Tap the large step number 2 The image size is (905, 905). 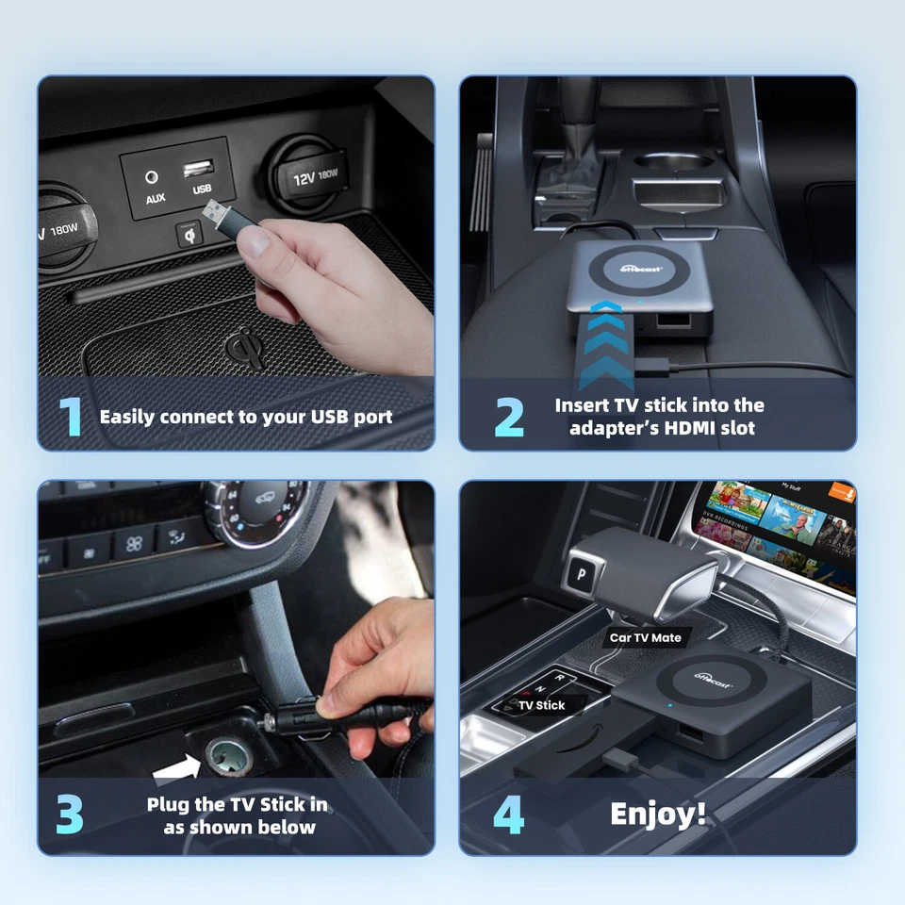[509, 417]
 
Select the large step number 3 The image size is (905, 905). [70, 815]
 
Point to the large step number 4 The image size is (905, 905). [509, 815]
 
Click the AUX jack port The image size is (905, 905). [152, 176]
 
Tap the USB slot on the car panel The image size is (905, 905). [199, 170]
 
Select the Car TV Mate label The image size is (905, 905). [645, 638]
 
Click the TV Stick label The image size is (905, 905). [541, 705]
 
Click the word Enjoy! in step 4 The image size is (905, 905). [658, 814]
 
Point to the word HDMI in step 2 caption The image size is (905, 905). [687, 428]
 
